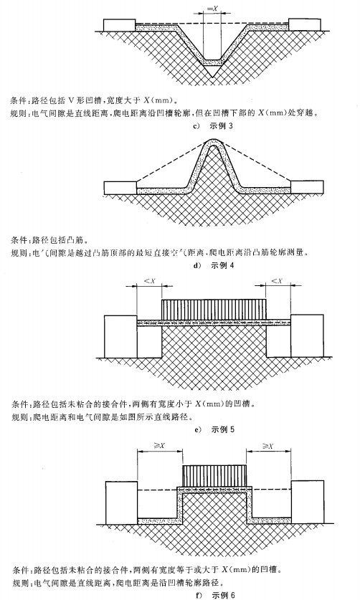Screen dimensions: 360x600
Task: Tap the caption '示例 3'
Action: point(221,126)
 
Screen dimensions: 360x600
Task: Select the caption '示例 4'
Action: point(222,265)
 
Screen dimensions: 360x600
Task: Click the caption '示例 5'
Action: point(222,429)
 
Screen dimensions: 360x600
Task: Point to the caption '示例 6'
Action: point(222,595)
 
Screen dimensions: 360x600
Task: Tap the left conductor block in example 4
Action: point(120,188)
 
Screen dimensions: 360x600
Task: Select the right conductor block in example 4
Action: point(307,187)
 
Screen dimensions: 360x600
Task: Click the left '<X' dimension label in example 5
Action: point(149,282)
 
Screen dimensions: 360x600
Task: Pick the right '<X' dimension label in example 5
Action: point(278,281)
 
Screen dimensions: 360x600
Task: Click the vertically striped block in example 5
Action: point(214,310)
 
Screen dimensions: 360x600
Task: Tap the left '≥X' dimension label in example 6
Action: point(159,446)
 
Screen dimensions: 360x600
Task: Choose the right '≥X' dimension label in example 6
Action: point(267,446)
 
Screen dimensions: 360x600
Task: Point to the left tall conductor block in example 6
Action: point(121,503)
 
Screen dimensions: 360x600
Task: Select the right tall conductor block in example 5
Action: point(307,336)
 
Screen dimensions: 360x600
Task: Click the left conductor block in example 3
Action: point(120,25)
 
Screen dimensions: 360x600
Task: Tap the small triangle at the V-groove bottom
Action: point(212,71)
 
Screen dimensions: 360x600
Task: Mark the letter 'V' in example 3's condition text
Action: point(70,101)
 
